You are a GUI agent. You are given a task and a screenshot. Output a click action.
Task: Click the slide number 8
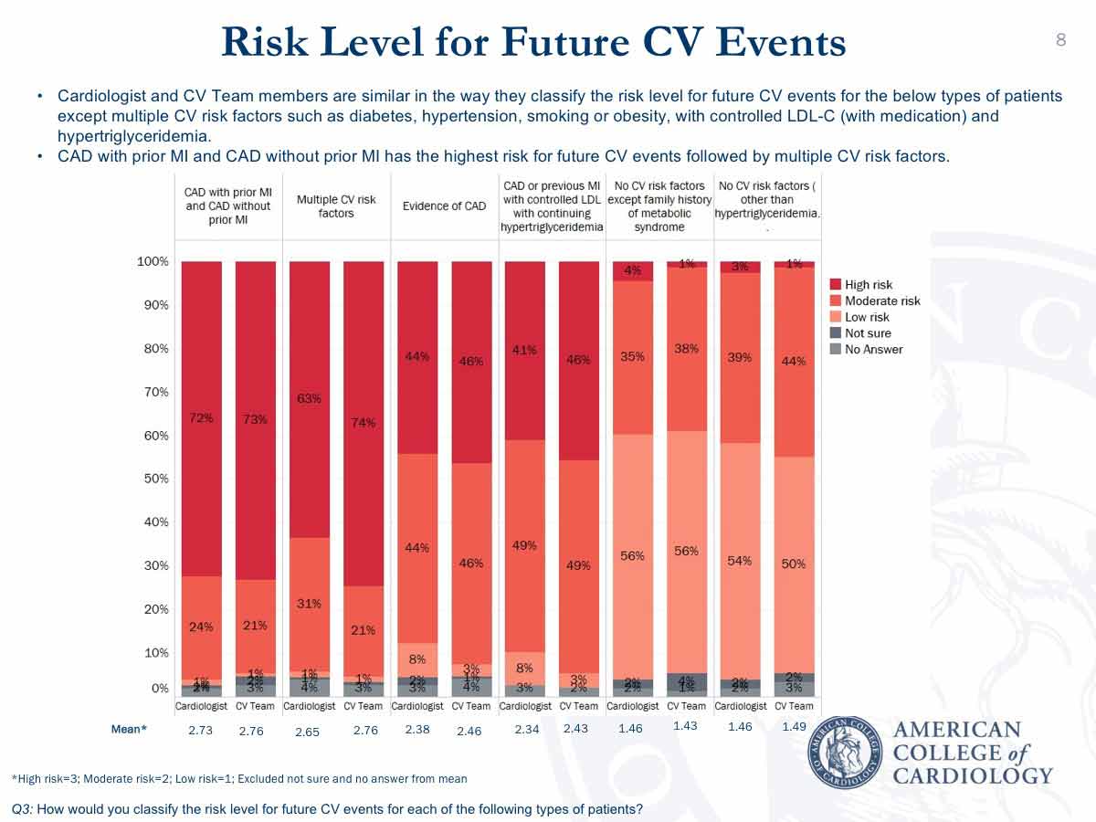click(x=1061, y=39)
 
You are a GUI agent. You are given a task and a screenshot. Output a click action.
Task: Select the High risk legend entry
click(x=868, y=285)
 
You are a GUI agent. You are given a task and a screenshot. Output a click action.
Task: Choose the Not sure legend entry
click(x=867, y=333)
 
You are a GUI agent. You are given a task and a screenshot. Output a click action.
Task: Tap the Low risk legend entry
click(x=866, y=317)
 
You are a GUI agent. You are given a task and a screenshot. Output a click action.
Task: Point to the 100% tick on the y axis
click(x=153, y=262)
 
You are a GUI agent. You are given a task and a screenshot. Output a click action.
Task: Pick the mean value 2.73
click(x=200, y=730)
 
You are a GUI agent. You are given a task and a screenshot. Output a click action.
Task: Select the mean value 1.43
click(x=685, y=725)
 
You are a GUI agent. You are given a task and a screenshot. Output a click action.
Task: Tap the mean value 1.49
click(x=795, y=727)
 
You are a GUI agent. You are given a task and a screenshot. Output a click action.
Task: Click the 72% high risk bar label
click(x=201, y=418)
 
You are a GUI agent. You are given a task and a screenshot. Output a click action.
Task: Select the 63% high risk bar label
click(x=309, y=398)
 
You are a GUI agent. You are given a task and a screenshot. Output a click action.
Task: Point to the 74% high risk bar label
click(x=364, y=422)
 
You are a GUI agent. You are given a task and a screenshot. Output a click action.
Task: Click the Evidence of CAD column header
click(x=444, y=205)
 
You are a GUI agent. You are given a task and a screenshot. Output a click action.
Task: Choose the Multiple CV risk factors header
click(x=336, y=205)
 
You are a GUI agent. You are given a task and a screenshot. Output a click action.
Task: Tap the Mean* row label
click(x=128, y=729)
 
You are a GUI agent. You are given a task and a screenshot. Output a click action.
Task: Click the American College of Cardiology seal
click(x=845, y=751)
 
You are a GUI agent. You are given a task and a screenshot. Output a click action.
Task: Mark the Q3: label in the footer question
click(x=24, y=808)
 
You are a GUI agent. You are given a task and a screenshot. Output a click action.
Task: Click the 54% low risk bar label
click(x=739, y=561)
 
